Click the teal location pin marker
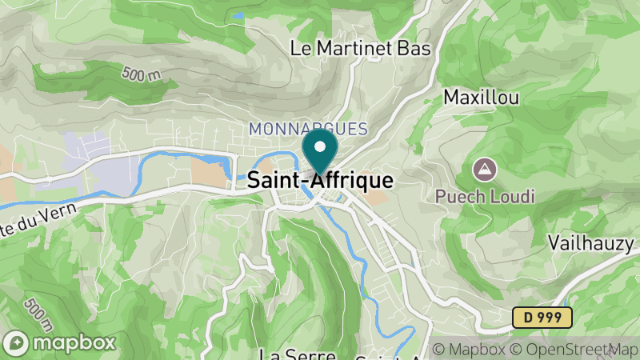320,152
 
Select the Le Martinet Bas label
360,48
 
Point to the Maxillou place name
482,98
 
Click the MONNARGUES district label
308,129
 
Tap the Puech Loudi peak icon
483,170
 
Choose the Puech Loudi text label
485,196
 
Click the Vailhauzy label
590,242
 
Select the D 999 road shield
542,318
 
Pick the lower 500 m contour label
38,314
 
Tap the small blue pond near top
238,14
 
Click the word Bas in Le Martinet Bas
415,48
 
